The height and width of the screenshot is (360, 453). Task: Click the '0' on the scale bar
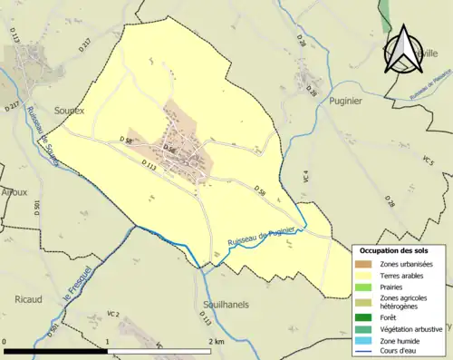pos(5,341)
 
